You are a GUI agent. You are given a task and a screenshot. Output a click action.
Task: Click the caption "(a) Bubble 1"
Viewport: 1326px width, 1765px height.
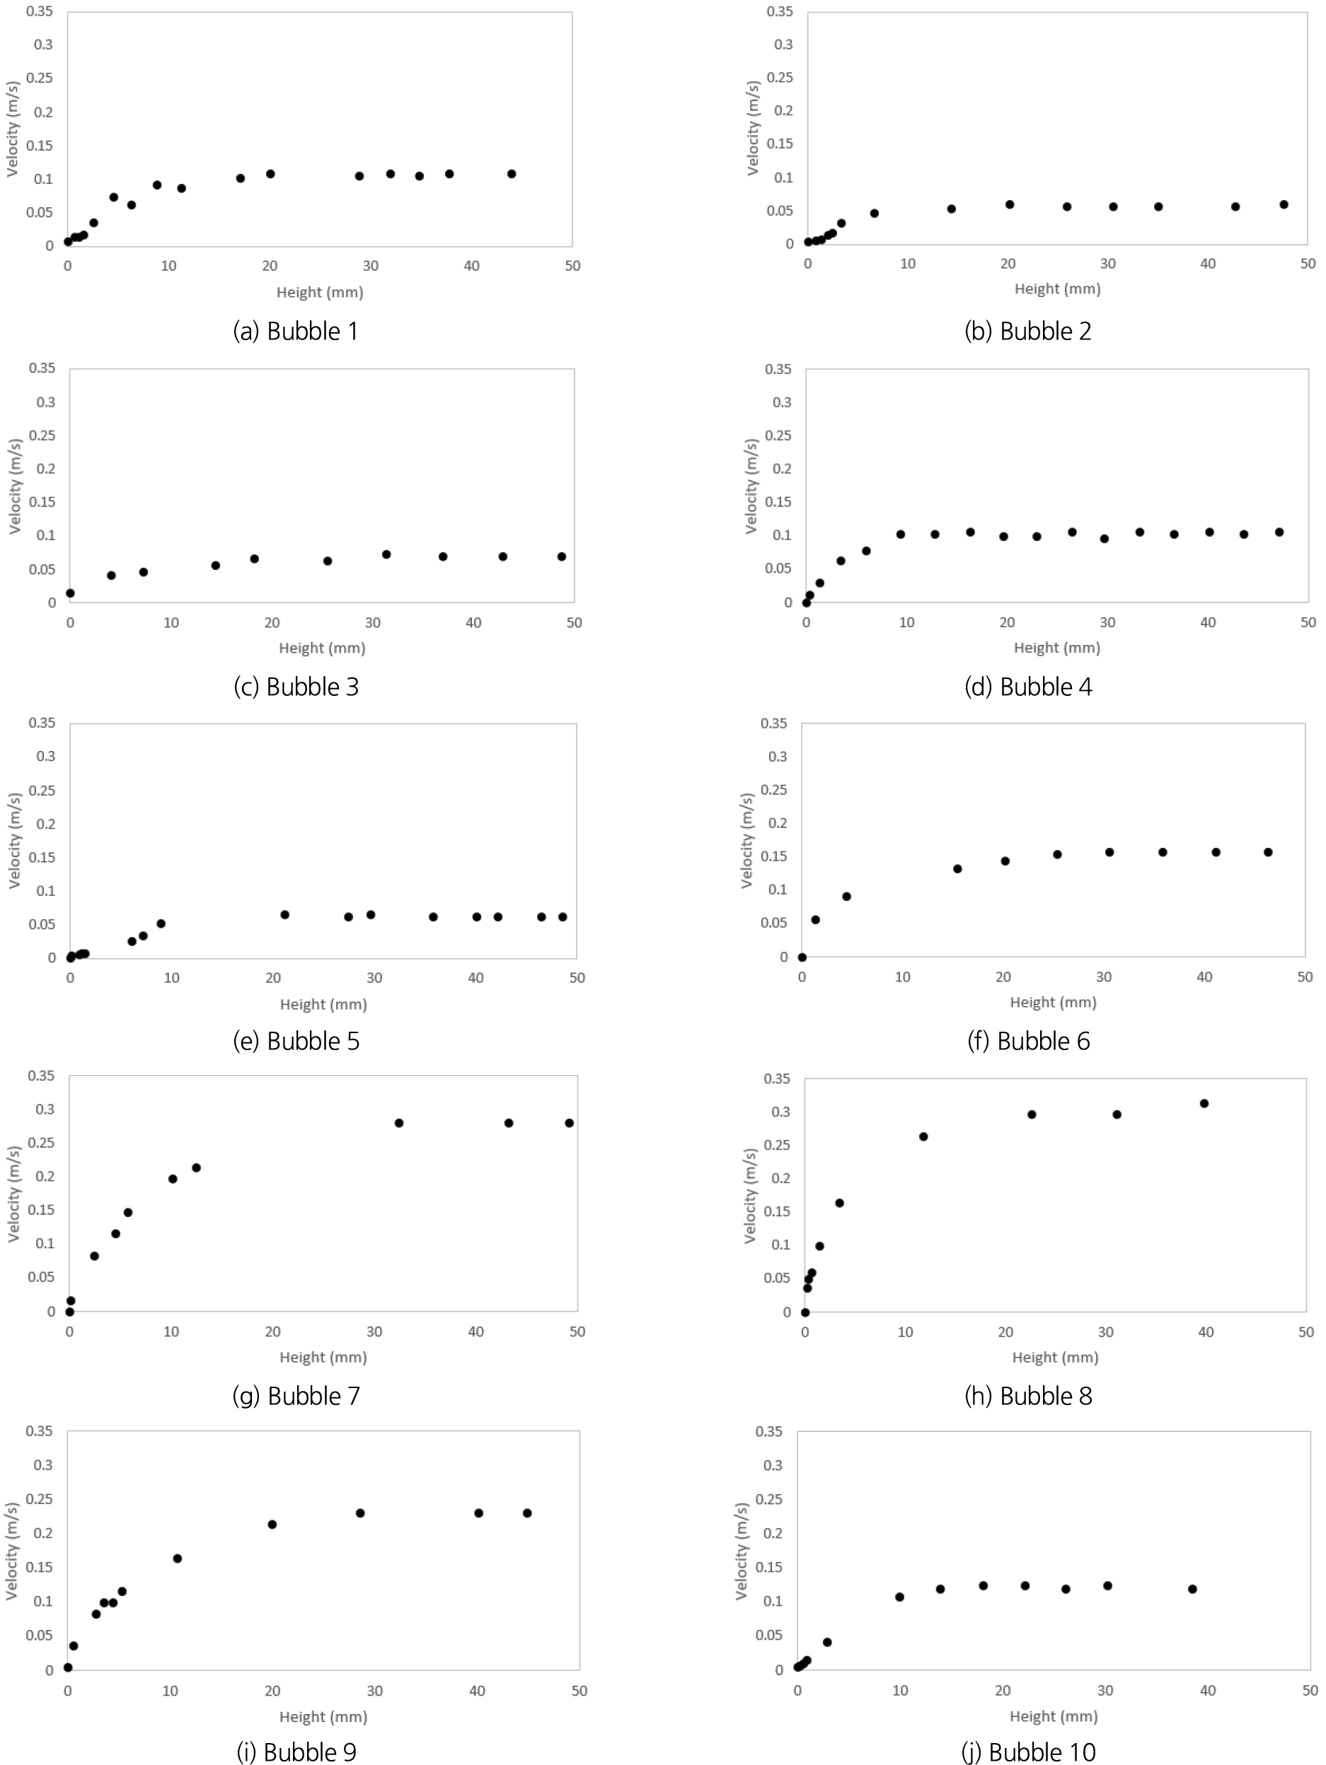(295, 330)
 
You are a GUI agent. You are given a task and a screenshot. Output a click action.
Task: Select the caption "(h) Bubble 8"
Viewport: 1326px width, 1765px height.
(1028, 1396)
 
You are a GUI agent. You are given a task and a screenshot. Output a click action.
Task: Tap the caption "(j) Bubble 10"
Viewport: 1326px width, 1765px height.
(1028, 1752)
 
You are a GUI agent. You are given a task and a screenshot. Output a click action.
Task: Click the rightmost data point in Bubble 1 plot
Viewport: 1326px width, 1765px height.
(512, 174)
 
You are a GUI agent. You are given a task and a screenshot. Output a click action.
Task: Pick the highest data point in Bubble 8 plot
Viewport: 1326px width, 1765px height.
(1204, 1104)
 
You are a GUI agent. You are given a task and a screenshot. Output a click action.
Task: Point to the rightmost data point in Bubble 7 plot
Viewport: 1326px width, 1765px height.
(569, 1123)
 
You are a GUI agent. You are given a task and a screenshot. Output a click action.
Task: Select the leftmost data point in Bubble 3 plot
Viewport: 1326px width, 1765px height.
(70, 593)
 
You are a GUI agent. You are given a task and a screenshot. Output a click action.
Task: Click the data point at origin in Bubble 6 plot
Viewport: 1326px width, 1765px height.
(802, 957)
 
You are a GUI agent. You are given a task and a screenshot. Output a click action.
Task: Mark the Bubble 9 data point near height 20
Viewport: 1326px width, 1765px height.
(272, 1524)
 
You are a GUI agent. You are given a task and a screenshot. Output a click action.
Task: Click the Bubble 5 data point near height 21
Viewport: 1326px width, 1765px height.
(285, 914)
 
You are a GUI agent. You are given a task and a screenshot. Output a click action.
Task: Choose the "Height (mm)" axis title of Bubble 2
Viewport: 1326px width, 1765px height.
(1057, 289)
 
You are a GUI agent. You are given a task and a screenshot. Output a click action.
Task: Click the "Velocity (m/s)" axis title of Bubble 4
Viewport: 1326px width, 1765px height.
(751, 486)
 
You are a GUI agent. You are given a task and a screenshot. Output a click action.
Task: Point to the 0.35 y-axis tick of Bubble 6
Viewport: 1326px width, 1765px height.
(773, 723)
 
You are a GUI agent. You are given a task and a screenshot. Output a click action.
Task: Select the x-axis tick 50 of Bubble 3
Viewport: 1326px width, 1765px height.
(574, 622)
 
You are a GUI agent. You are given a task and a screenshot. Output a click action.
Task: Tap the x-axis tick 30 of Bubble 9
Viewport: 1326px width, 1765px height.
(374, 1691)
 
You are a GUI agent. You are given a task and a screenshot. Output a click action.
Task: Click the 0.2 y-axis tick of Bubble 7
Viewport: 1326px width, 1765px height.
(46, 1176)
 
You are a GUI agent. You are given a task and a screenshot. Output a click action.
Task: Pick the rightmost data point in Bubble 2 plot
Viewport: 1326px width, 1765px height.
(1284, 204)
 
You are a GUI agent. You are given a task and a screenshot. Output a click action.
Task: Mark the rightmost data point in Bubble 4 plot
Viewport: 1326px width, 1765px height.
(1279, 532)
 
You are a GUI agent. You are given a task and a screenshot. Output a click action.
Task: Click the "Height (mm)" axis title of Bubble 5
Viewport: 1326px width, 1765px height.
(323, 1004)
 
